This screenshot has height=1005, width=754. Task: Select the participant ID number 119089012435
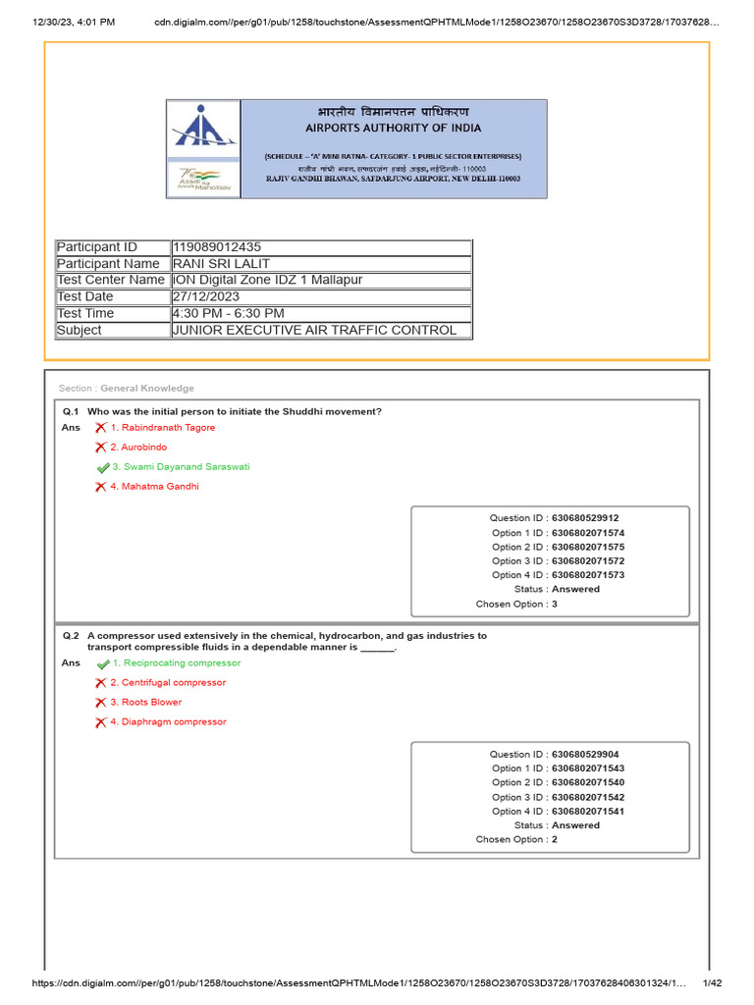pyautogui.click(x=217, y=247)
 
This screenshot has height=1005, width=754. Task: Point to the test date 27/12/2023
pyautogui.click(x=206, y=296)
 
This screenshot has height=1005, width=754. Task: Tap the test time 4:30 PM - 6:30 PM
pyautogui.click(x=229, y=313)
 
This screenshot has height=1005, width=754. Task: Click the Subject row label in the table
pyautogui.click(x=80, y=330)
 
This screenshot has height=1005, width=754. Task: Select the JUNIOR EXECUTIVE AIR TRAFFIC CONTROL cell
pyautogui.click(x=314, y=330)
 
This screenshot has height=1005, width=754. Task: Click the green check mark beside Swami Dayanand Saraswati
pyautogui.click(x=102, y=468)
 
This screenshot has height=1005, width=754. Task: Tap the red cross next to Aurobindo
pyautogui.click(x=100, y=448)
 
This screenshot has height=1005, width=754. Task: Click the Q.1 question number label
pyautogui.click(x=70, y=411)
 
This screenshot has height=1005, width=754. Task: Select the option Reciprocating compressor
pyautogui.click(x=175, y=663)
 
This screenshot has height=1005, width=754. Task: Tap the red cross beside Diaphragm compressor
pyautogui.click(x=100, y=722)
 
